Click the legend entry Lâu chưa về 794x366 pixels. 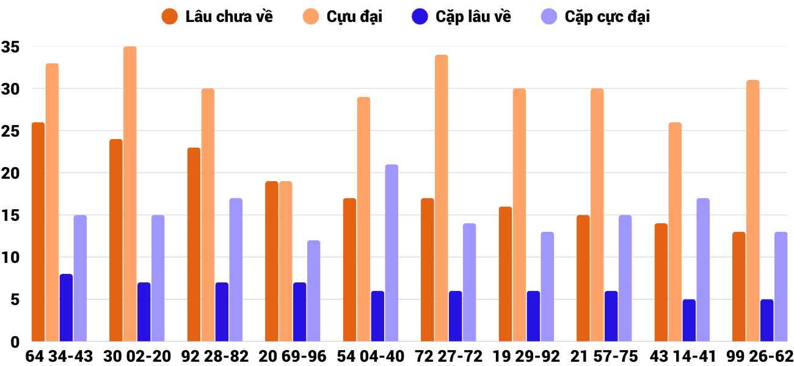pyautogui.click(x=217, y=16)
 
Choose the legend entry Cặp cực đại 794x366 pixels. pyautogui.click(x=595, y=16)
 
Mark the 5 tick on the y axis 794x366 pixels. pyautogui.click(x=15, y=300)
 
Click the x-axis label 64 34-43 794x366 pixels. pyautogui.click(x=59, y=356)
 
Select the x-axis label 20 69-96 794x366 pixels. pyautogui.click(x=293, y=356)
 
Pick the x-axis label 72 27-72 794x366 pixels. pyautogui.click(x=448, y=356)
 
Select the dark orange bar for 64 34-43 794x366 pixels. pyautogui.click(x=38, y=232)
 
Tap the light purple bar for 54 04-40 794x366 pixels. pyautogui.click(x=392, y=253)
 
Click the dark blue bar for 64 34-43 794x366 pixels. pyautogui.click(x=66, y=308)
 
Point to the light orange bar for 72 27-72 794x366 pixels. pyautogui.click(x=442, y=198)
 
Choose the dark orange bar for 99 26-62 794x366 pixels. pyautogui.click(x=739, y=287)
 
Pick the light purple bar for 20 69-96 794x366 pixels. pyautogui.click(x=313, y=291)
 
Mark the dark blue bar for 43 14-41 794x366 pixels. pyautogui.click(x=689, y=320)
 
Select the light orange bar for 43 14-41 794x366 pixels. pyautogui.click(x=675, y=232)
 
